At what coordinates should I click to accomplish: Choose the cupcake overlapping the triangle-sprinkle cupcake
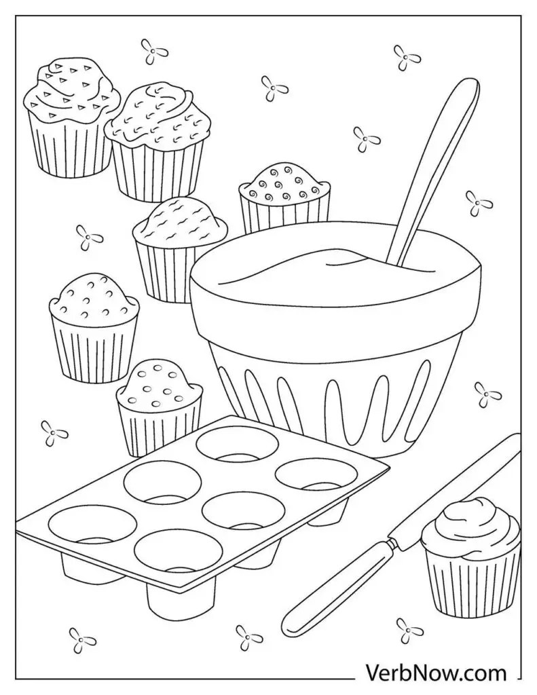[x=158, y=142]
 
